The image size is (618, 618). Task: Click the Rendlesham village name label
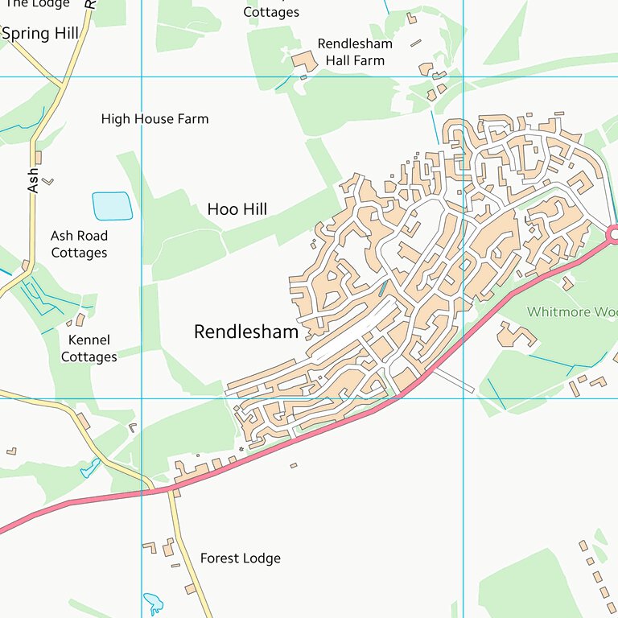click(246, 332)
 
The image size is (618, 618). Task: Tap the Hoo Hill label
click(237, 209)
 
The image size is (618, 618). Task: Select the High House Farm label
click(154, 119)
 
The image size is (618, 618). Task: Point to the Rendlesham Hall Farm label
click(351, 52)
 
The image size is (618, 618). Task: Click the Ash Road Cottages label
click(79, 244)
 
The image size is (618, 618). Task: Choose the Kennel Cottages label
click(89, 348)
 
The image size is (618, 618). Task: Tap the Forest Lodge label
click(240, 558)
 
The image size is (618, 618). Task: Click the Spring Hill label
click(40, 34)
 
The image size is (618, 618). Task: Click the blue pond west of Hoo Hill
click(112, 206)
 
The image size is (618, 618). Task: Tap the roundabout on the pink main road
click(612, 234)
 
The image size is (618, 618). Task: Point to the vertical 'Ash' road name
click(33, 179)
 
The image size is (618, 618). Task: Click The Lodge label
click(37, 4)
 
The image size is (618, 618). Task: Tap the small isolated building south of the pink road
click(294, 465)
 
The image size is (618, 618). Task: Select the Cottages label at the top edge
click(271, 12)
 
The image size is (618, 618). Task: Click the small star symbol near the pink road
click(241, 448)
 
